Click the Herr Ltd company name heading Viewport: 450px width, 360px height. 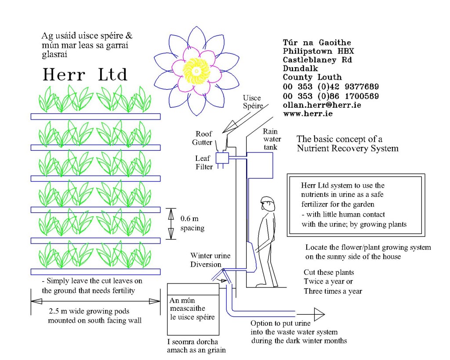click(x=85, y=75)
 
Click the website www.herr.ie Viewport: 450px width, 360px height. click(x=308, y=113)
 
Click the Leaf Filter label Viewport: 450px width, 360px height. click(x=204, y=162)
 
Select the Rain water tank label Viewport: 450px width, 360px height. click(x=271, y=139)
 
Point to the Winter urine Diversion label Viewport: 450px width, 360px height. click(x=210, y=260)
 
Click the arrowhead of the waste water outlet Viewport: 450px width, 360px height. click(x=319, y=313)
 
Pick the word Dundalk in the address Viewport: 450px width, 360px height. click(x=301, y=69)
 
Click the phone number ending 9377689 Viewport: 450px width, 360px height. click(x=331, y=87)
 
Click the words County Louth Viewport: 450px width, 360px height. click(x=312, y=77)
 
